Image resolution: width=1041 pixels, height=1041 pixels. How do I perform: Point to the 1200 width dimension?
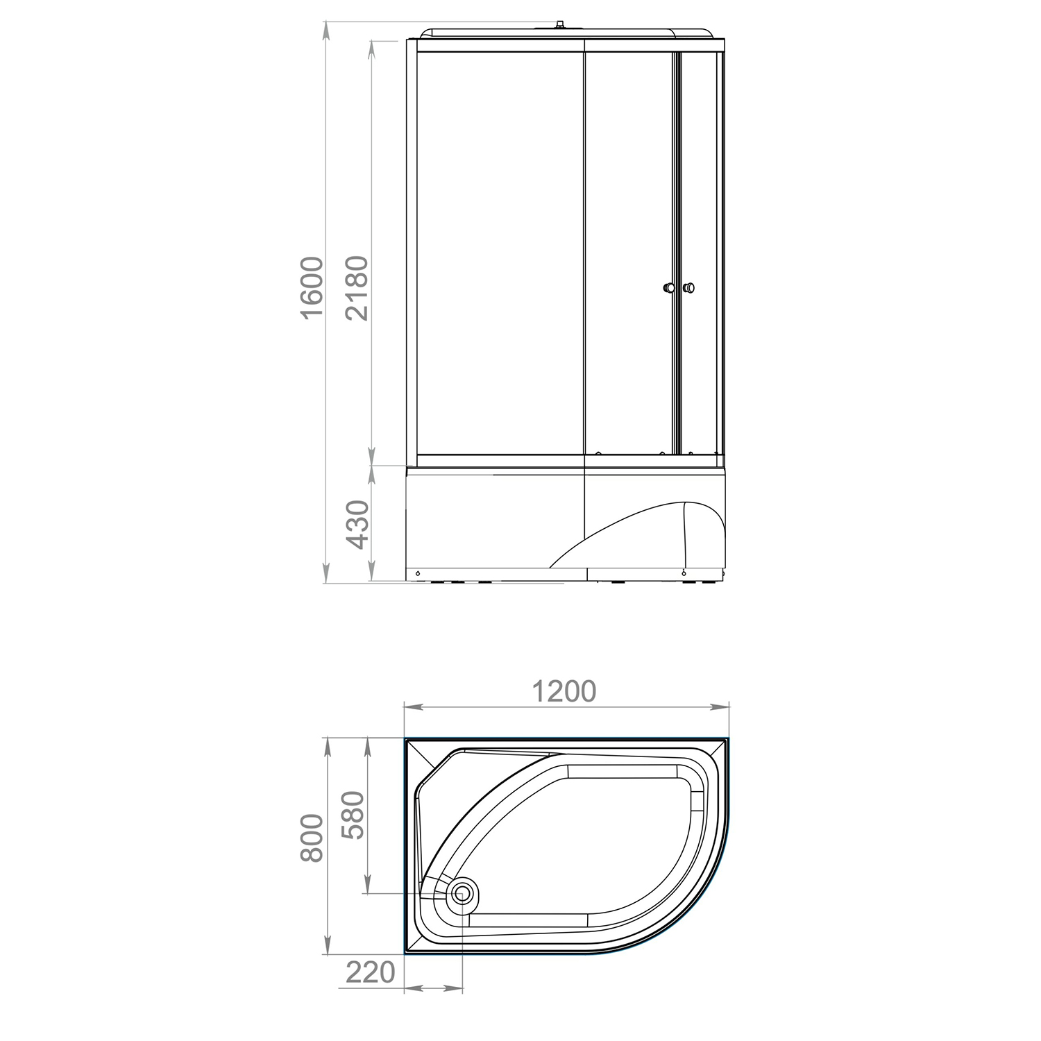564,691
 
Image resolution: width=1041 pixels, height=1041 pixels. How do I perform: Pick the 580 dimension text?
354,815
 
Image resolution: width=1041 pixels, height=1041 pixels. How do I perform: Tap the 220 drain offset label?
370,972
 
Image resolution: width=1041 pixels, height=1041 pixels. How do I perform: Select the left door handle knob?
668,287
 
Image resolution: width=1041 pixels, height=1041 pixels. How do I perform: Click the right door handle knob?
688,287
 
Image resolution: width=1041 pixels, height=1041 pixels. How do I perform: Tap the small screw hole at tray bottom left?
418,573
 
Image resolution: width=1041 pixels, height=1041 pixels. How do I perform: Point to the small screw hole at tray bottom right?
684,573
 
